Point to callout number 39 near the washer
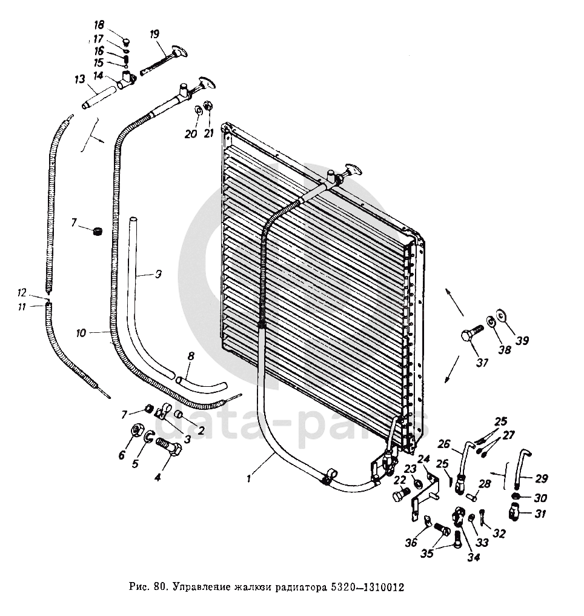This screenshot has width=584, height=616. [x=522, y=341]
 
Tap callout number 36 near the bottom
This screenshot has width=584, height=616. [x=411, y=543]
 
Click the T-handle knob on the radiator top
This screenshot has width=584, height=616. [x=351, y=170]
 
